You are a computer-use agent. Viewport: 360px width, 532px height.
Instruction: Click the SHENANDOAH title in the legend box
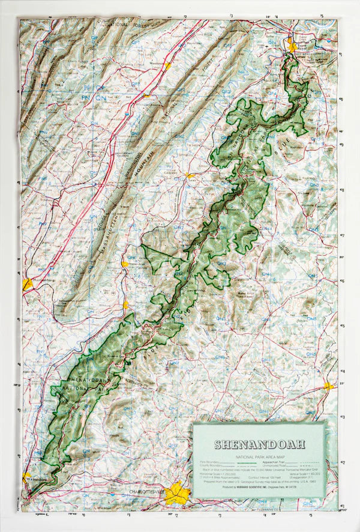pos(259,444)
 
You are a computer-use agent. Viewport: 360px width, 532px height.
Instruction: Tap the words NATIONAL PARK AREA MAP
pos(259,457)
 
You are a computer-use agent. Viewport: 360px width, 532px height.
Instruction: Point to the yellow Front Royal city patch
pos(292,45)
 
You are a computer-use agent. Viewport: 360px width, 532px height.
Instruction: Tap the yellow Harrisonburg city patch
pos(28,283)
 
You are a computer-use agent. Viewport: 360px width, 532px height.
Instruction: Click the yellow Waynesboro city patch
pos(26,477)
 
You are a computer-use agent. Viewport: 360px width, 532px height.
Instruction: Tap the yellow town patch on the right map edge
pos(328,386)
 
